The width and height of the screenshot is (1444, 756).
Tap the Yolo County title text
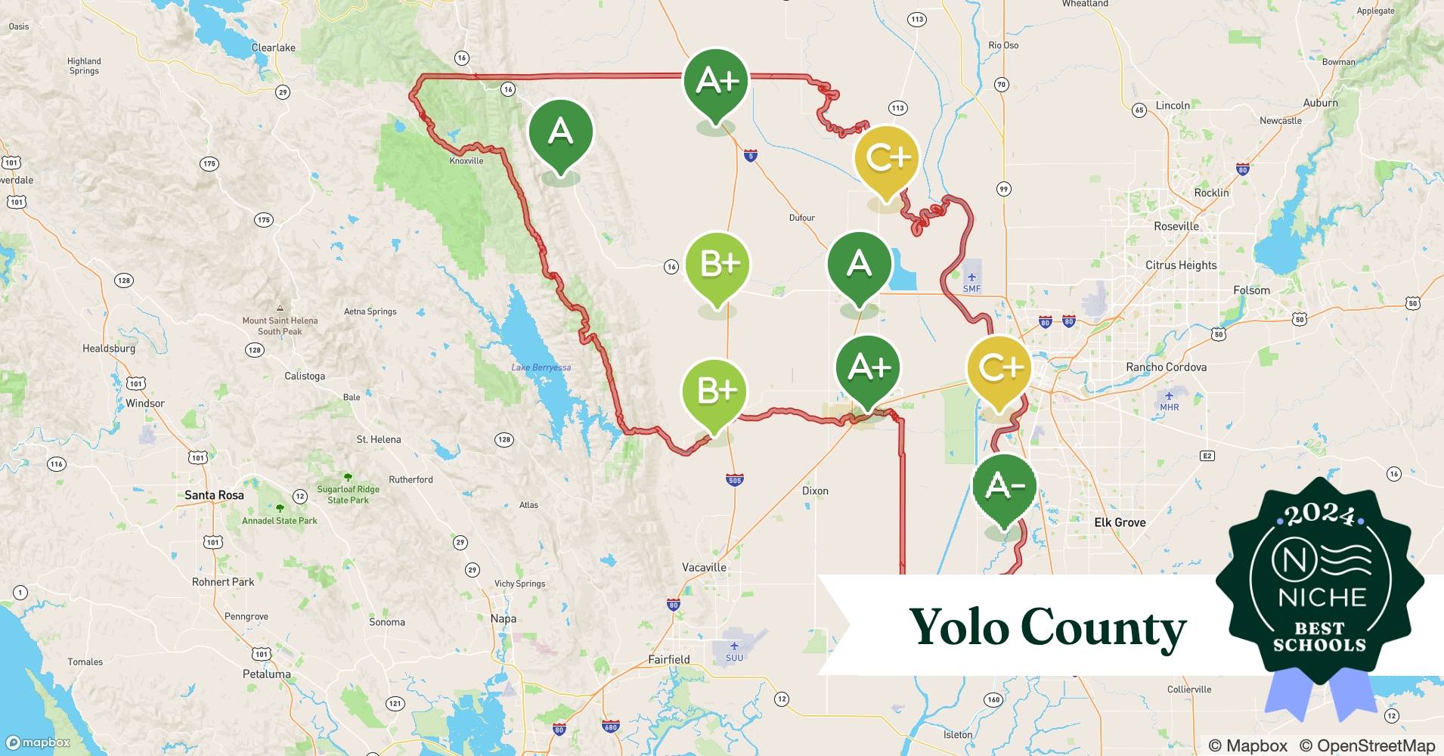pos(1047,627)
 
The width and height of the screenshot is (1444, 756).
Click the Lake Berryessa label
pos(541,368)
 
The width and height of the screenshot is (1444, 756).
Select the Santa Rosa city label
pos(214,495)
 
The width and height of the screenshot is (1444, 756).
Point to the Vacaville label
pos(704,567)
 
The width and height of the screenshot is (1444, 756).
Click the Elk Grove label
pos(1120,522)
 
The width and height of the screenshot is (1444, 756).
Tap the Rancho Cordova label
pos(1166,367)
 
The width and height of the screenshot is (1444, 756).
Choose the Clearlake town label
pos(273,48)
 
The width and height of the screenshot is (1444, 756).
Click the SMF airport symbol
pos(971,277)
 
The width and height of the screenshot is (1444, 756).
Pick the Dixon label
pos(815,491)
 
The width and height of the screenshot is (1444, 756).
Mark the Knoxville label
pos(466,161)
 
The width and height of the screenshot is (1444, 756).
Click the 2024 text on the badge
pos(1320,515)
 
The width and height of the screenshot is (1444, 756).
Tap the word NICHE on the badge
pos(1322,597)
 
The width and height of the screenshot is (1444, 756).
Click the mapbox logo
pos(38,742)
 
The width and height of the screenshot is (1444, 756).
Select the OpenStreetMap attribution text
pos(1367,745)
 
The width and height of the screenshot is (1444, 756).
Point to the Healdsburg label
pos(109,349)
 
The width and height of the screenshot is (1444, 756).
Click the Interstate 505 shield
pos(734,480)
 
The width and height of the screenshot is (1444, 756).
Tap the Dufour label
pos(801,218)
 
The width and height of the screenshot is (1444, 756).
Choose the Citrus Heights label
pos(1181,265)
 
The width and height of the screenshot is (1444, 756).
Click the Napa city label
pos(504,618)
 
